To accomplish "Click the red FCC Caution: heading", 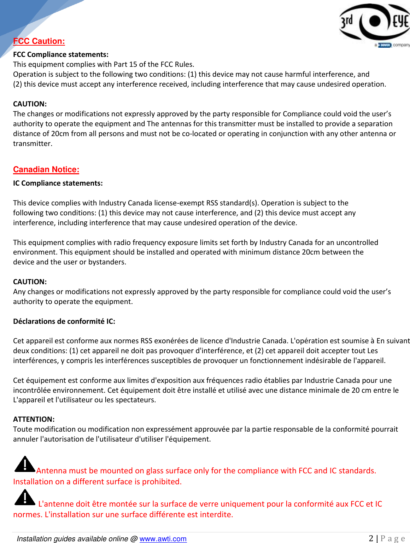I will (39, 41).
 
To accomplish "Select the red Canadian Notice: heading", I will (46, 169).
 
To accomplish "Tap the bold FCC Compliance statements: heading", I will (60, 54).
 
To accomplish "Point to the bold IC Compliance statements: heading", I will (58, 183).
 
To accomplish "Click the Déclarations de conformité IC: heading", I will (64, 321).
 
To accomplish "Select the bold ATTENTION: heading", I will (34, 419).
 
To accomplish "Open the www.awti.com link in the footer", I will (163, 539).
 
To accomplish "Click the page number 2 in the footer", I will (371, 538).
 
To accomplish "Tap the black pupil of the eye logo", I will (375, 21).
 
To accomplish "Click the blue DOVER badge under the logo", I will (385, 45).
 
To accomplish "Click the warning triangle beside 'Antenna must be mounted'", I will (24, 464).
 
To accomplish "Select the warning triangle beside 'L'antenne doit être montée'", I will (24, 497).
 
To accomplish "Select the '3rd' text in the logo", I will (347, 22).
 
